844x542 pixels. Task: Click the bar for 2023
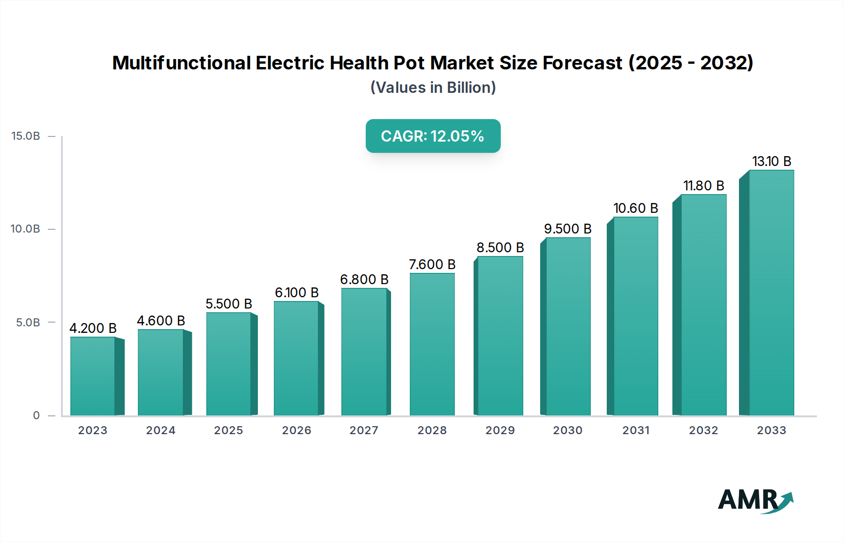coord(93,376)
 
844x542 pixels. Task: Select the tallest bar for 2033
coord(771,293)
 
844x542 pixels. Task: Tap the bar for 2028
coord(432,344)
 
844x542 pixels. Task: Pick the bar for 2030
coord(568,326)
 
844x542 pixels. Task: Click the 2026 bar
coord(296,358)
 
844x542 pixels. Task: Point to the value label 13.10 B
coord(771,161)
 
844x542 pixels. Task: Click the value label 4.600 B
coord(161,321)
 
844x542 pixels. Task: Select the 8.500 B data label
coord(500,248)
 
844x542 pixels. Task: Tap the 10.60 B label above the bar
coord(635,208)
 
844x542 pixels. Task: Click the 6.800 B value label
coord(364,279)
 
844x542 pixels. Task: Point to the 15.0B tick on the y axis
coord(26,136)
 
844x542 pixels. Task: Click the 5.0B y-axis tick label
coord(28,323)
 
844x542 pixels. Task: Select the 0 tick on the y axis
coord(36,415)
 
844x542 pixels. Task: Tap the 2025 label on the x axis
coord(228,430)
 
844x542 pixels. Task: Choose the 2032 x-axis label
coord(703,430)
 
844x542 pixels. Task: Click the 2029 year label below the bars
coord(500,430)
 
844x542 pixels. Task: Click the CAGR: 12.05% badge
coord(433,136)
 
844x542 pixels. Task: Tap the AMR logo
coord(755,500)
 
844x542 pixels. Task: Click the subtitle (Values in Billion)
coord(433,88)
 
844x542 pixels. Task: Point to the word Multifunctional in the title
coord(182,63)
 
